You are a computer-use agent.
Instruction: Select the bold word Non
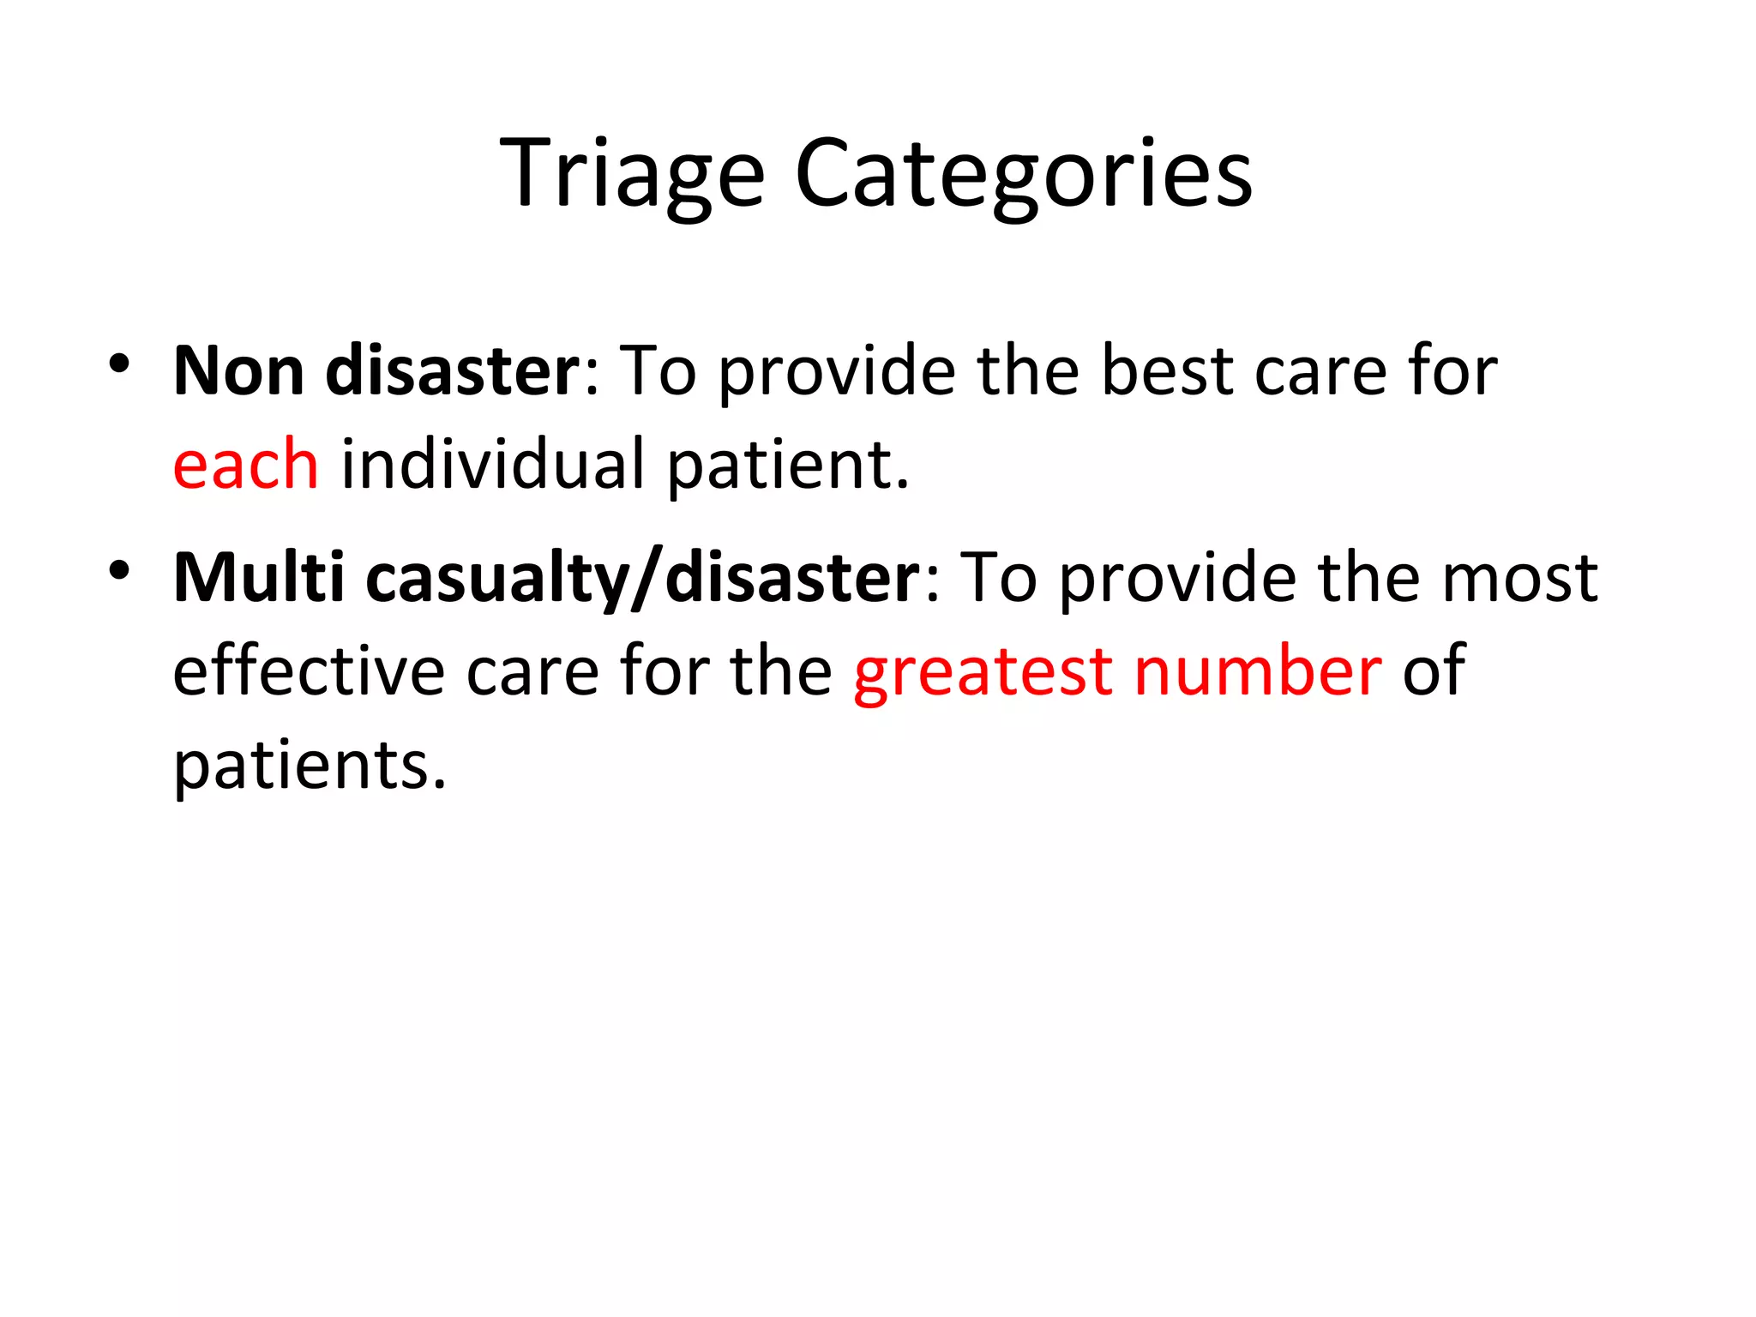(238, 372)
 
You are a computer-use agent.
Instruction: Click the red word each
(245, 465)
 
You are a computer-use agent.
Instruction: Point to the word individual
(492, 465)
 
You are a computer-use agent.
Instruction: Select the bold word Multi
(258, 578)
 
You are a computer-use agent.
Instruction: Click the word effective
(309, 671)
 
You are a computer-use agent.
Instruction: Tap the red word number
(1257, 671)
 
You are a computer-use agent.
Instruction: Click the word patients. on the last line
(310, 766)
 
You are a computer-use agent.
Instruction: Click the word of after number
(1433, 671)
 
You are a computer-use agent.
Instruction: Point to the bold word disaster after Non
(453, 372)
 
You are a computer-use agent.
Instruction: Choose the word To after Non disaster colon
(658, 372)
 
